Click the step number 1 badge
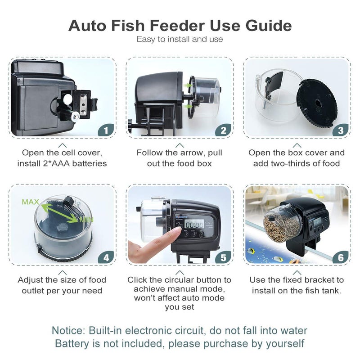pos(106,130)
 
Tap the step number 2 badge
pos(223,130)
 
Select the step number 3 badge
pos(341,130)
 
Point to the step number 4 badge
pos(106,258)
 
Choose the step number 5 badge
pos(223,258)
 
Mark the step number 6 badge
pos(341,258)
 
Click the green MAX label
pos(30,202)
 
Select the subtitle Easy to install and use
pos(180,39)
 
